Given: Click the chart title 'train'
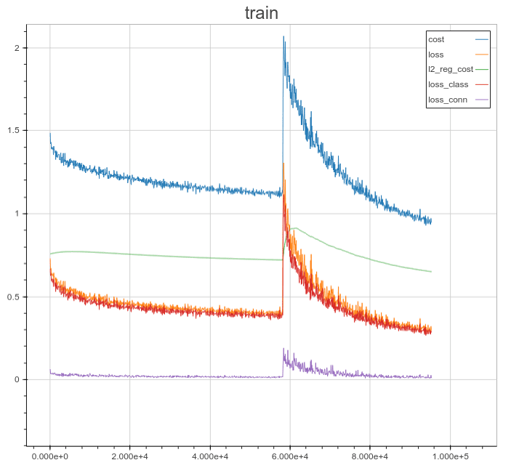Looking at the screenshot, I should tap(262, 13).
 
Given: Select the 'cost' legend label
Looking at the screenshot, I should tap(436, 39).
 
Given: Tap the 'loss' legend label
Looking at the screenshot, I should tap(436, 55).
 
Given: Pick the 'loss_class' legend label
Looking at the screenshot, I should tap(448, 85).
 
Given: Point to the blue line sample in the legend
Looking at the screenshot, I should tap(481, 39).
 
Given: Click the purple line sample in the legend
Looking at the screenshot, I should tap(481, 100).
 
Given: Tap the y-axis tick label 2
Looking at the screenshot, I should tap(16, 48).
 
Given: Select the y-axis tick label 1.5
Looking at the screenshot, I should tap(13, 131).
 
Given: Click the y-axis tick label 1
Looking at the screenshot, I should tap(16, 214).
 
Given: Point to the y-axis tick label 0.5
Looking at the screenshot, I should tap(13, 297).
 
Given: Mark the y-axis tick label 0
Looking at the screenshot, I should tap(16, 379).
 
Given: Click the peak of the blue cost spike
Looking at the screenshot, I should tap(283, 37).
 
